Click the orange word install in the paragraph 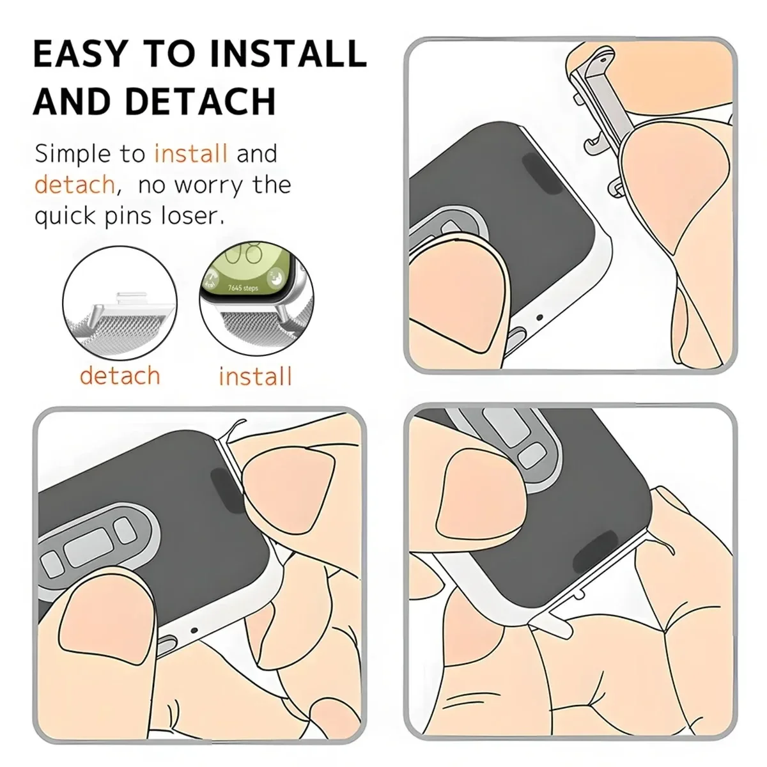pyautogui.click(x=191, y=154)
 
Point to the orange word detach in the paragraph pyautogui.click(x=74, y=185)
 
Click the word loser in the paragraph pyautogui.click(x=192, y=216)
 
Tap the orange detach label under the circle pyautogui.click(x=120, y=375)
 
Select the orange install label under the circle pyautogui.click(x=255, y=376)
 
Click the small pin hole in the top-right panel pyautogui.click(x=539, y=316)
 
